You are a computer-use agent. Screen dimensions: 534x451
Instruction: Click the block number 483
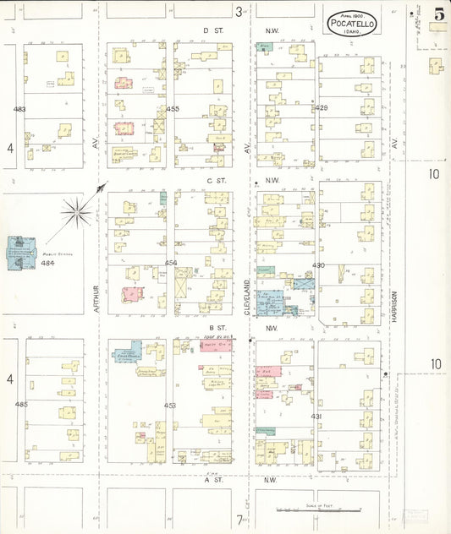coord(19,109)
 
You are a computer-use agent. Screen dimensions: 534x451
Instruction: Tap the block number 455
coord(173,109)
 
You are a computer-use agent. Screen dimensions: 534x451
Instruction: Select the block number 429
coord(321,108)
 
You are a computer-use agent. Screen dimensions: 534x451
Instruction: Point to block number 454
coord(171,263)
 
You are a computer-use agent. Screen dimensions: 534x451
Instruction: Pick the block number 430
coord(318,265)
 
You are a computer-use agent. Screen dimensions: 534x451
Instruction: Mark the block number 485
coord(21,404)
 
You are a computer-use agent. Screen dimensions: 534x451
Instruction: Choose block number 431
coord(316,417)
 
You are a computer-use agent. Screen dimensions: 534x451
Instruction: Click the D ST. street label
coord(212,30)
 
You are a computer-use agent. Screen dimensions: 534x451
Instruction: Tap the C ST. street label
coord(212,181)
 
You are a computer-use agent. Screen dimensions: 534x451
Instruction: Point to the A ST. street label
coord(212,480)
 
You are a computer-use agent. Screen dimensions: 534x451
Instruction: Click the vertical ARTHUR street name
coord(97,298)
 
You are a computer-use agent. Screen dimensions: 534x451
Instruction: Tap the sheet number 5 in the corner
coord(438,14)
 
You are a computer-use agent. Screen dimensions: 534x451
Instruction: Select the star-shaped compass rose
coord(77,211)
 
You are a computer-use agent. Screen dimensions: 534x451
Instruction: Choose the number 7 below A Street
coord(239,520)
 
